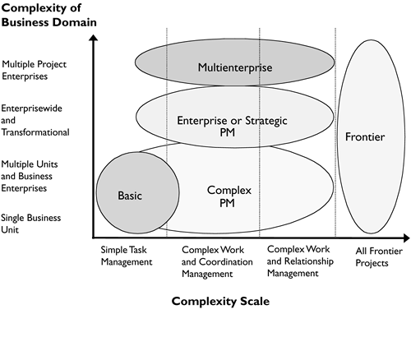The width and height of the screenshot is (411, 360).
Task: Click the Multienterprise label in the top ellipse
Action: pyautogui.click(x=235, y=67)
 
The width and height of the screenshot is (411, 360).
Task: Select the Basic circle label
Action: pyautogui.click(x=131, y=196)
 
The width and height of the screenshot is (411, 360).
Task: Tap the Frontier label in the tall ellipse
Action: pyautogui.click(x=365, y=136)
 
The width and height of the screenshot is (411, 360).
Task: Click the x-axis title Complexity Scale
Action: pyautogui.click(x=220, y=301)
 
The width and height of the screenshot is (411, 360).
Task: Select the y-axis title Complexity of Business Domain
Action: pyautogui.click(x=50, y=15)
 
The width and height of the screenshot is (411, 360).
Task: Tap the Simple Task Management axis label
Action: pyautogui.click(x=127, y=255)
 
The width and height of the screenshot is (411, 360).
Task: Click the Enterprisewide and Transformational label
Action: pyautogui.click(x=35, y=119)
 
